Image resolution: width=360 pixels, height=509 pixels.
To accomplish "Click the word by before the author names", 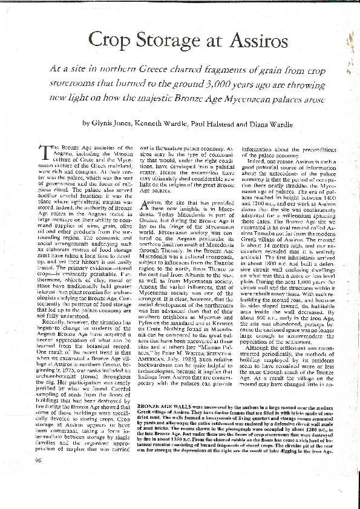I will click(88, 122).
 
